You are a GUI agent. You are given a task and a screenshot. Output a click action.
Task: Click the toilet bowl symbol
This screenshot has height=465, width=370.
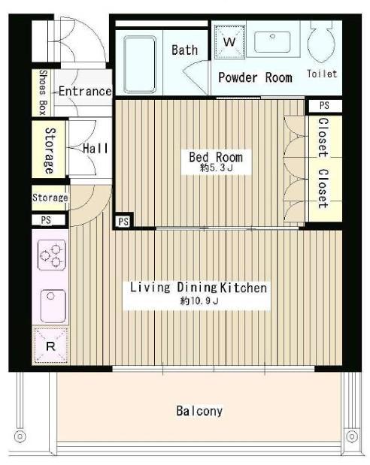(321, 41)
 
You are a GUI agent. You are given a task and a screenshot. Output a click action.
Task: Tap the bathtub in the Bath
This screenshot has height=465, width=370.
(140, 65)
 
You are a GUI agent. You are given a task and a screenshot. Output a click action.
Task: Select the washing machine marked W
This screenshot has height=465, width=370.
(230, 41)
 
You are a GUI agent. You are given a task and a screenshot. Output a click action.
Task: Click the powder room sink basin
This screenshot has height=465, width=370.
(272, 42)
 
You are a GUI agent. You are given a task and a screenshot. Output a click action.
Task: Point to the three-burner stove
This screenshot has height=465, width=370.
(52, 255)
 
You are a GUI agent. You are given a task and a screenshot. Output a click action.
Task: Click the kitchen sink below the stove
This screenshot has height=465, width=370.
(53, 306)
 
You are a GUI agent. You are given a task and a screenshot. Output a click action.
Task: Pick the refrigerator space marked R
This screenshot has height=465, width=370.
(50, 346)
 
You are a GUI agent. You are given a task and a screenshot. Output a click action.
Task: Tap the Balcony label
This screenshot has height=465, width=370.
(199, 411)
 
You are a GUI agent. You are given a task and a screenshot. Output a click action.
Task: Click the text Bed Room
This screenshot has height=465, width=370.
(216, 157)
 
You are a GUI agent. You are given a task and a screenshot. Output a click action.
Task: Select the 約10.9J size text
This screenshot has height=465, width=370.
(199, 301)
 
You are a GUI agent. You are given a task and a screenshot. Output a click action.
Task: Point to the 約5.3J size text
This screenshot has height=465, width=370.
(216, 168)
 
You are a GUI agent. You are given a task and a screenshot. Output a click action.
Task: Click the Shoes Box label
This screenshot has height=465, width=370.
(43, 92)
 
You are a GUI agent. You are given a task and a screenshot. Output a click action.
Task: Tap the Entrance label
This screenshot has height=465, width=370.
(85, 91)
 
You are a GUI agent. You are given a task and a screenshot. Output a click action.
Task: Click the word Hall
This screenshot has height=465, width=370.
(96, 148)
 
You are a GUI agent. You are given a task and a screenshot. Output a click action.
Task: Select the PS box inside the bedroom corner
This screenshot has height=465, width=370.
(123, 221)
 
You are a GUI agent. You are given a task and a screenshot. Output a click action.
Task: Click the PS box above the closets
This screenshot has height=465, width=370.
(325, 106)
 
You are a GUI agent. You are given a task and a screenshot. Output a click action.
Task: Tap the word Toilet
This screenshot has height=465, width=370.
(322, 74)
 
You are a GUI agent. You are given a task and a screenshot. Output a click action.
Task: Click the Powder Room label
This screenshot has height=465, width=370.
(255, 77)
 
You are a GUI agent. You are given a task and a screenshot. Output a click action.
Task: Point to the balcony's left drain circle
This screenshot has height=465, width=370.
(20, 436)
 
